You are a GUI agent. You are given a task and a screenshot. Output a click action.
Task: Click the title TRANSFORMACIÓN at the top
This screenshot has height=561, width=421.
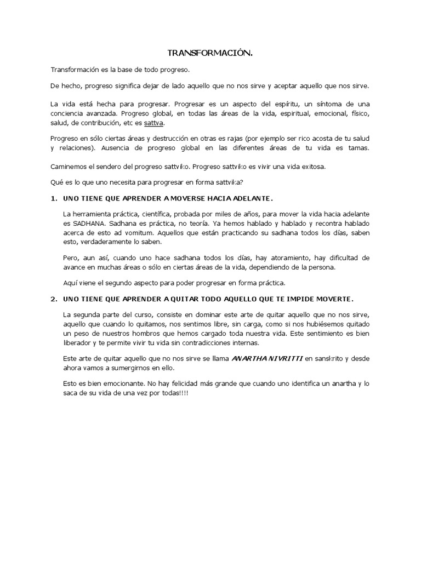[210, 54]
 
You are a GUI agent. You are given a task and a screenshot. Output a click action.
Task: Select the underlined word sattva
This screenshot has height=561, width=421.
[154, 123]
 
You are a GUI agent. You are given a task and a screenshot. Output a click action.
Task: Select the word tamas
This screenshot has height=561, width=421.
[359, 148]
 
